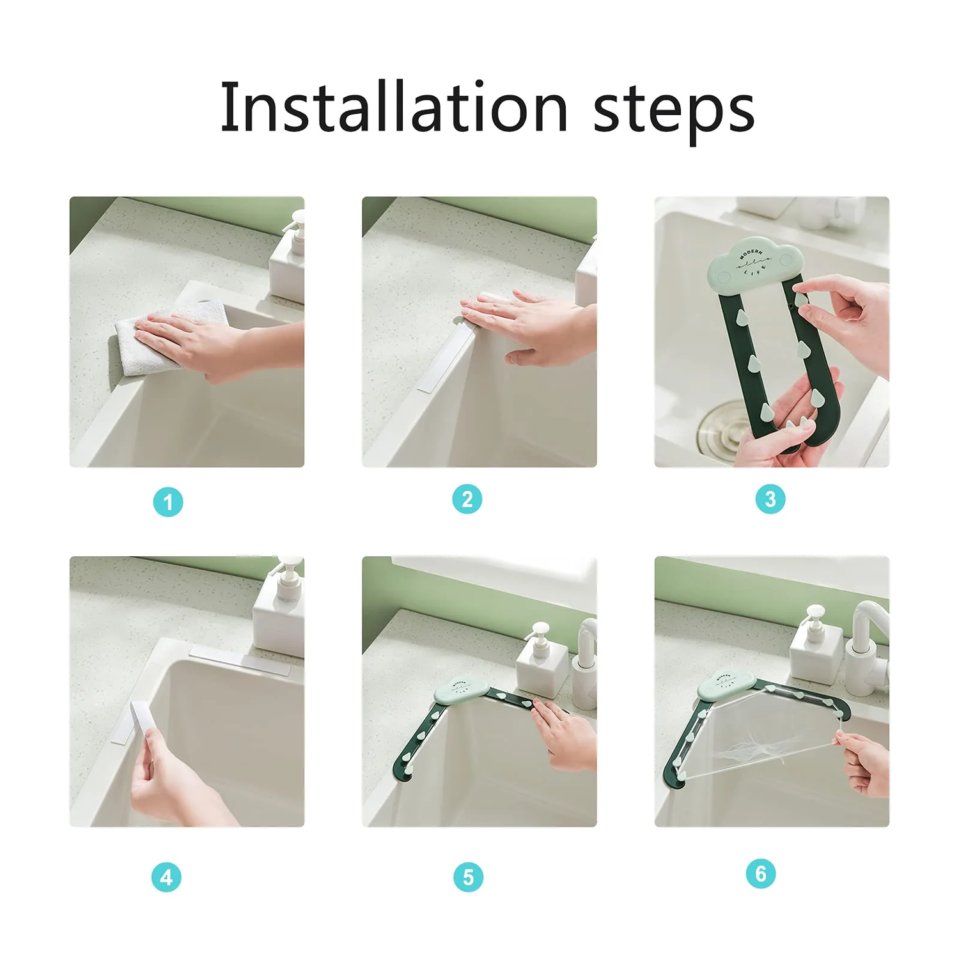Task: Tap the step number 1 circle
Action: pyautogui.click(x=168, y=502)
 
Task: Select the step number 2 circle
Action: pyautogui.click(x=467, y=499)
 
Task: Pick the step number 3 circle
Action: pyautogui.click(x=770, y=499)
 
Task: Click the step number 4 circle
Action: pyautogui.click(x=166, y=877)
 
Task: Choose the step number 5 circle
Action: pyautogui.click(x=469, y=877)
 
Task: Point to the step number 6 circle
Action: pyautogui.click(x=761, y=873)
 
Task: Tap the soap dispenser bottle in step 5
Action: pyautogui.click(x=542, y=665)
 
